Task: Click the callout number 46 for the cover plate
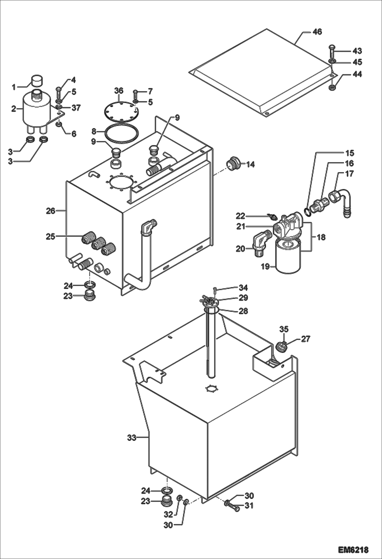[317, 32]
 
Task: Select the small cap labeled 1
[37, 81]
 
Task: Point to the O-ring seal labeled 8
[122, 133]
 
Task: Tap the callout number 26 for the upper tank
[50, 211]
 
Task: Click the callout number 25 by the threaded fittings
[50, 236]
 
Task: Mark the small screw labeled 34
[215, 289]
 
